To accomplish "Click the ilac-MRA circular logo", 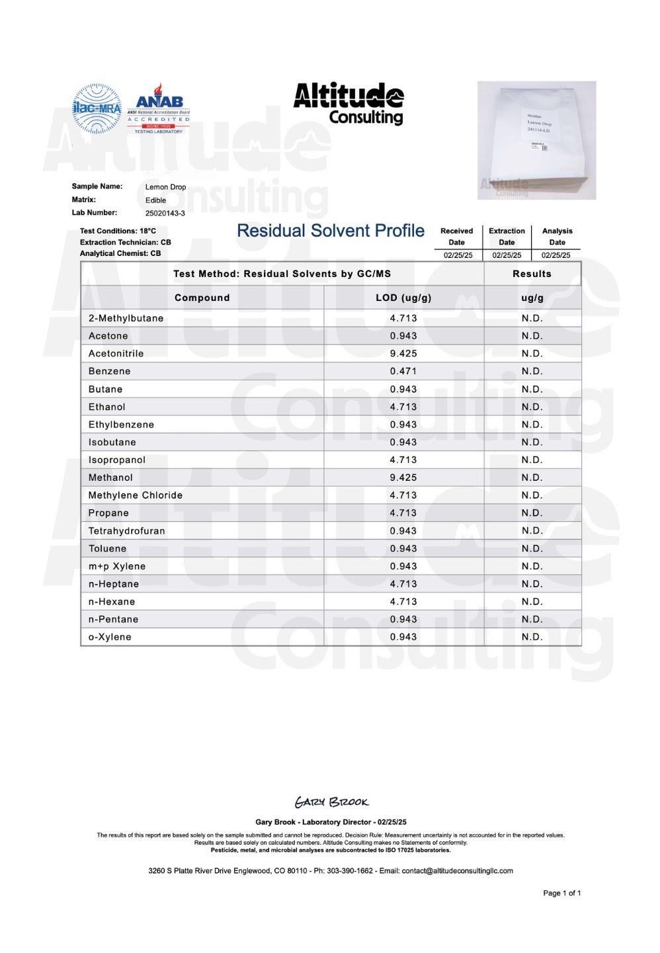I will pos(97,108).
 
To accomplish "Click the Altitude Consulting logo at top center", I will pos(349,104).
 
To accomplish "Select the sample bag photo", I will pos(536,140).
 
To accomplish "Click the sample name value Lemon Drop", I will pos(165,187).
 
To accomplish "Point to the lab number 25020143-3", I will pos(165,214).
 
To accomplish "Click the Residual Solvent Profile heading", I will pos(331,231).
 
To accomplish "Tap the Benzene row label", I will pos(110,372).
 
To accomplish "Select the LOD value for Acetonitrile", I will pos(403,354).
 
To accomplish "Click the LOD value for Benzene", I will pos(403,372).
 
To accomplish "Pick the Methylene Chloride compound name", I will pos(136,495).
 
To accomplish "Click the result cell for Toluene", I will pos(532,549).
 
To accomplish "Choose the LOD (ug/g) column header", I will pos(403,298).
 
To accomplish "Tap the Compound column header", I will pos(202,298).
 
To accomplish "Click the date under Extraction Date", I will pos(507,255).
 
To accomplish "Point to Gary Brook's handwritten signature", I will pos(331,802).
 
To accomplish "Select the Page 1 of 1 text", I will pos(561,893).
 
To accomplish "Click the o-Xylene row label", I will pos(110,638).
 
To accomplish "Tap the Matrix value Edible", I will pos(155,200).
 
